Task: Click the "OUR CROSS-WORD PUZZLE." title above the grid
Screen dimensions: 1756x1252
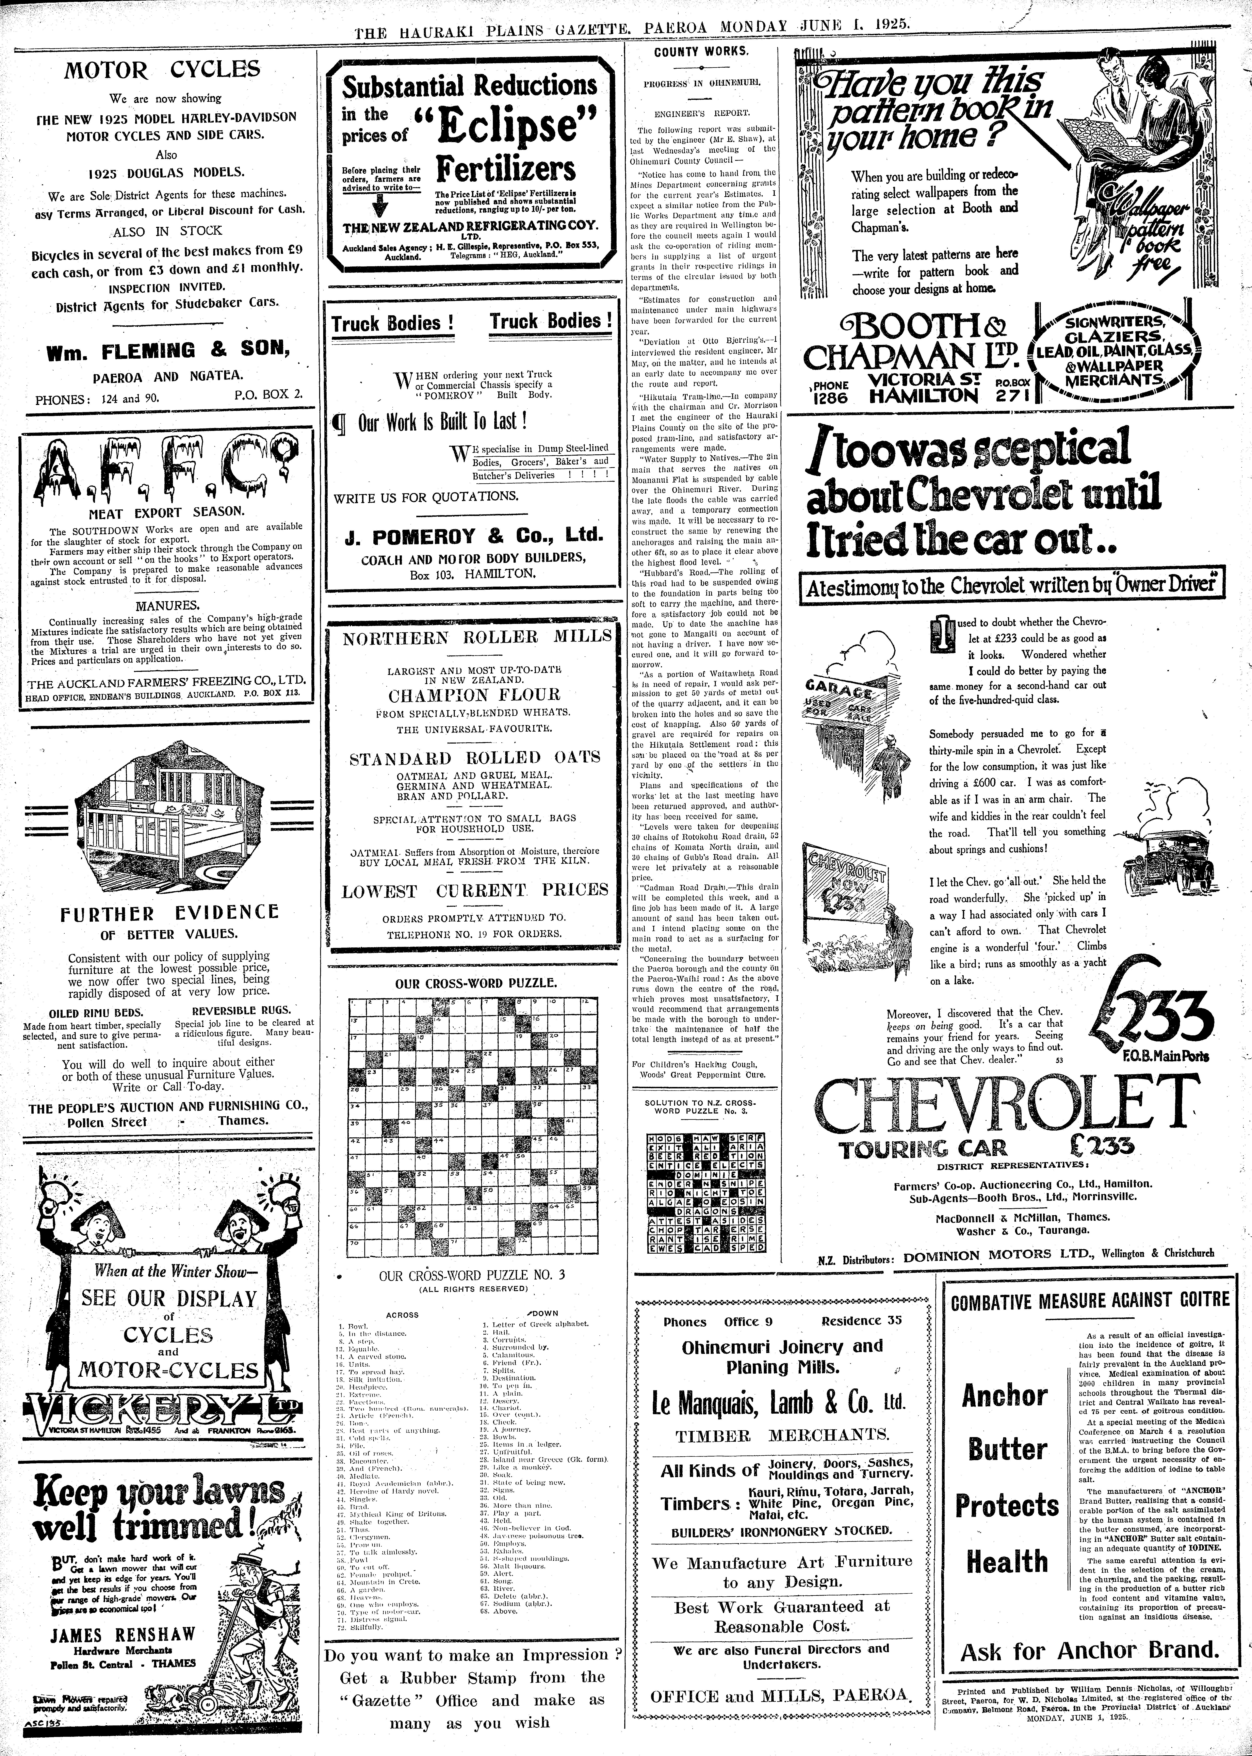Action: [476, 984]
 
